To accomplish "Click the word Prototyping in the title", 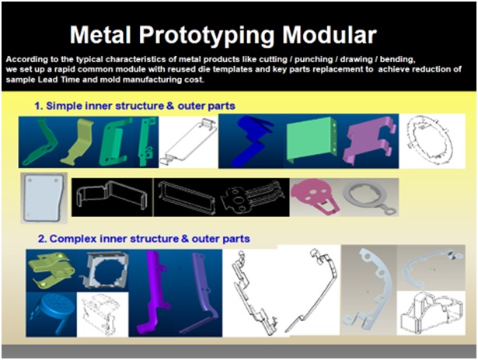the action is tap(208, 36).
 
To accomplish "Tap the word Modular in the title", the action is tap(330, 34).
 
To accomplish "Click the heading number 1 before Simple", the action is tap(38, 106).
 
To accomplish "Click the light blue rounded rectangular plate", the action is tap(44, 197).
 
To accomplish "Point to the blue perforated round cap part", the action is tap(55, 311).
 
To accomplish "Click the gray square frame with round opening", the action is tap(105, 270).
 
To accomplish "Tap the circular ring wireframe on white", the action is tap(430, 141).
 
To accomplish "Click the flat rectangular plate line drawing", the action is tap(188, 142).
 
